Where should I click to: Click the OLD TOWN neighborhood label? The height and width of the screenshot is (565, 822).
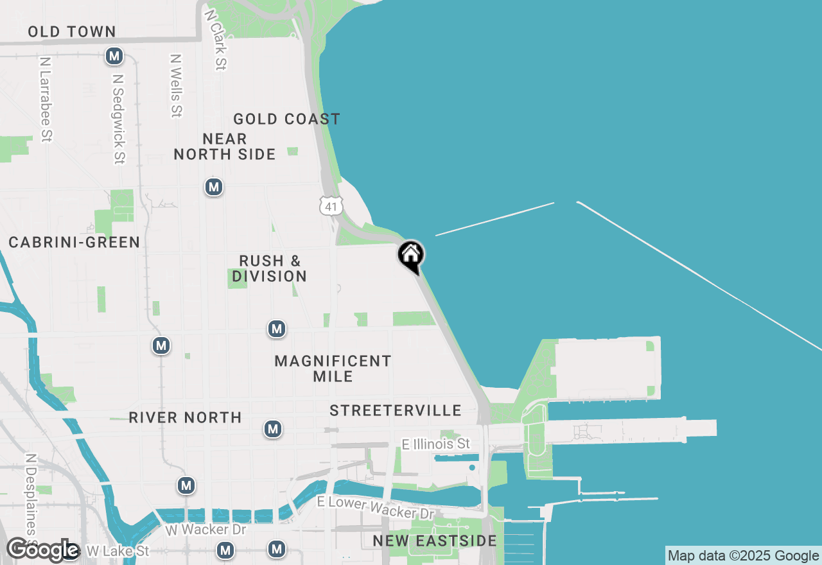point(71,31)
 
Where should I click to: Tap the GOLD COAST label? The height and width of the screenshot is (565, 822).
point(286,119)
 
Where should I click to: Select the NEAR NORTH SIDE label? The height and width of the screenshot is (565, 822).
point(225,146)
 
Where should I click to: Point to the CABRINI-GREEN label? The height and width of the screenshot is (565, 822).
point(74,242)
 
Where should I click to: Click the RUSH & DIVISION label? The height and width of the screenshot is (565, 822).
point(269,268)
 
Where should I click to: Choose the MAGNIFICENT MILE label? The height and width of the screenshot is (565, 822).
point(333,369)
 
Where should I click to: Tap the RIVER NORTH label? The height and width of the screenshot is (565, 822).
point(185,417)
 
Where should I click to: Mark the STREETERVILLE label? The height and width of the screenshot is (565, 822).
point(396,410)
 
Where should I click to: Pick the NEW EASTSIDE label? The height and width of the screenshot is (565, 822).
point(435,541)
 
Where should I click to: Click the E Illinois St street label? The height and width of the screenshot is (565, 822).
point(436,444)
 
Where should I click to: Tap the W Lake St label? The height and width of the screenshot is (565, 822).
point(117,551)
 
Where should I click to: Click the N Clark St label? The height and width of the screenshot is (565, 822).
point(214,39)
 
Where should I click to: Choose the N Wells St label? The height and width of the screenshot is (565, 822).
point(175,85)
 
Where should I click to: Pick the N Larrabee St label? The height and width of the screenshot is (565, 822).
point(45,99)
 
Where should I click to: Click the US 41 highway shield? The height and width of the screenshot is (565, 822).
point(331,206)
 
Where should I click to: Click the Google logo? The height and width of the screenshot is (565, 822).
point(42,550)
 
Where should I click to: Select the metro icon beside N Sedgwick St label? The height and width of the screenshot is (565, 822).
point(114,56)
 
